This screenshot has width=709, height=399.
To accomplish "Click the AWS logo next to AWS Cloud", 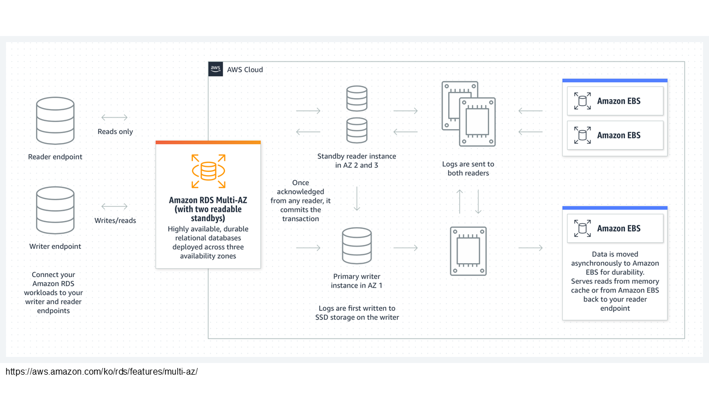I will click(215, 69).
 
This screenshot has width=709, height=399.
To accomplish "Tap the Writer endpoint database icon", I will click(55, 210).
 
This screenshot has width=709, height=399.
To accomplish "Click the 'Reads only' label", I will click(115, 132).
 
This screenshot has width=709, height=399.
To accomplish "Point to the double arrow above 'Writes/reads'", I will click(115, 206).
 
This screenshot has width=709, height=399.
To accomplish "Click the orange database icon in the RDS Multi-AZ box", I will click(208, 171).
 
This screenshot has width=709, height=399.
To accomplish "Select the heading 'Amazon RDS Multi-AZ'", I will click(208, 200).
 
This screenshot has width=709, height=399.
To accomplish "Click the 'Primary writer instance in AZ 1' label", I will click(357, 281).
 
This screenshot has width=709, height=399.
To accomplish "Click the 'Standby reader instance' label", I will click(357, 156).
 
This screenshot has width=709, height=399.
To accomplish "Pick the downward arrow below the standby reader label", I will click(357, 199).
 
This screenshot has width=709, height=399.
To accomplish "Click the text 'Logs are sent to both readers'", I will click(468, 168).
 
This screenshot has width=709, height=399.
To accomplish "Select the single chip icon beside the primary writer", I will click(469, 251).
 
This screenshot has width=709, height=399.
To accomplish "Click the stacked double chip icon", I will click(469, 113).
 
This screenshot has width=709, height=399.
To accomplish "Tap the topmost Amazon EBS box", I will click(615, 101).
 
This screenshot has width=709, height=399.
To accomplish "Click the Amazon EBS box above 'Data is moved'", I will click(615, 228).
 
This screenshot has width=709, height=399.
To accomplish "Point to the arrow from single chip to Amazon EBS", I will click(530, 248).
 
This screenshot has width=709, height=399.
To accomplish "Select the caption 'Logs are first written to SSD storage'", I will click(357, 313).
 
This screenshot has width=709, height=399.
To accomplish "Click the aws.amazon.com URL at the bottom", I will click(101, 371).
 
